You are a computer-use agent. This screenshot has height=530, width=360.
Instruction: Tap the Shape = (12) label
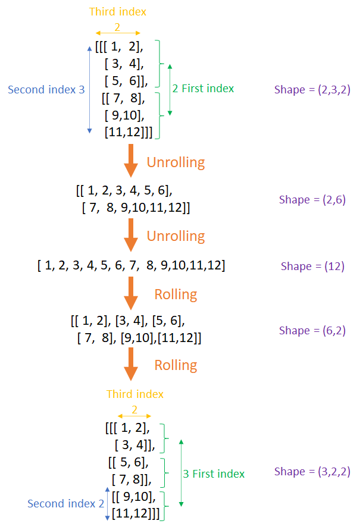(312, 266)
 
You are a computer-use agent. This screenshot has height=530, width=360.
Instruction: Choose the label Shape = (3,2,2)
(312, 472)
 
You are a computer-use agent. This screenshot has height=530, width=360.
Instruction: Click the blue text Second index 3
(46, 89)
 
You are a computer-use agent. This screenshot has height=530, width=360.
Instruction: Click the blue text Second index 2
(65, 504)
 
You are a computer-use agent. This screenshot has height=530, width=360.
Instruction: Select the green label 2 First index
(203, 89)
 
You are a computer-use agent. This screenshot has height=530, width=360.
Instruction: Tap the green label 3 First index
(214, 474)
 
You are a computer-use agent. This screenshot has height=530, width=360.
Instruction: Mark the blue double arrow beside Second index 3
(89, 89)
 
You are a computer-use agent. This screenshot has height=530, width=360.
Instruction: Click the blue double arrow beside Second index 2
(108, 504)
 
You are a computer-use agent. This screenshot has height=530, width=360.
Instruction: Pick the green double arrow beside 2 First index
(170, 89)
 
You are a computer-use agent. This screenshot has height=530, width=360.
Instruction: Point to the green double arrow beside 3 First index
(181, 473)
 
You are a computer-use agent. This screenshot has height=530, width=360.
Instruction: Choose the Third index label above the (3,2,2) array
(134, 394)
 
